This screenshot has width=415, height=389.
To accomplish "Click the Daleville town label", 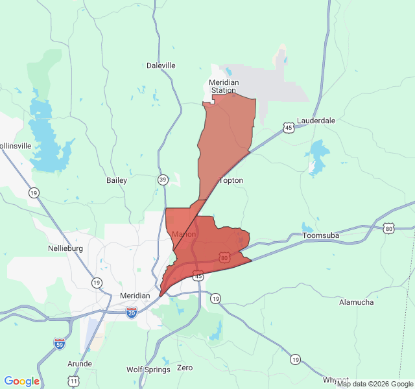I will coord(161,65).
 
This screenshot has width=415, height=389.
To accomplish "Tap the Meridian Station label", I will coord(224,86).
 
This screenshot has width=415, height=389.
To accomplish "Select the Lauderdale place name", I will coord(316,121).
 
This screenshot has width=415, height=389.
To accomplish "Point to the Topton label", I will coord(231,180).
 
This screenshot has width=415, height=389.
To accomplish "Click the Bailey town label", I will coord(117,180).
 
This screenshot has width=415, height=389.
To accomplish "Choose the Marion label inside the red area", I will coord(184,234).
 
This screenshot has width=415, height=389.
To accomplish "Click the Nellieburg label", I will coord(67,248).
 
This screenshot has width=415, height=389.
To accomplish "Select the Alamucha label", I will coord(357,302).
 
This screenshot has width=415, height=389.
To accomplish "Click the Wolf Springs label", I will coord(148,370).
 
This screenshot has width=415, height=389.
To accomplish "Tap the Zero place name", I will coord(185,368).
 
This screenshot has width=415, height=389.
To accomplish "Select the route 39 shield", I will coord(162,180).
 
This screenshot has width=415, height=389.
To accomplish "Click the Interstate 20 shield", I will coord(132,312).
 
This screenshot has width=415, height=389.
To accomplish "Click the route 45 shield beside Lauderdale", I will coord(287,128).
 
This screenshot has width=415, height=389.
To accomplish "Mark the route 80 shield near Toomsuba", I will coord(388,228).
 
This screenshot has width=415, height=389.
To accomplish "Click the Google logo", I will coord(22,381).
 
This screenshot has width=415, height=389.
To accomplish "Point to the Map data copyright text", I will coord(375,384).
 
